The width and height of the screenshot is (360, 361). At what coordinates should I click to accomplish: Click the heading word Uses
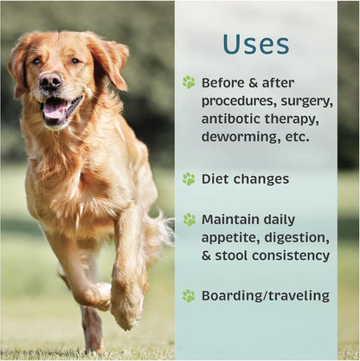(256, 45)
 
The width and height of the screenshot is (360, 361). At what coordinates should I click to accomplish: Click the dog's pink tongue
(55, 109)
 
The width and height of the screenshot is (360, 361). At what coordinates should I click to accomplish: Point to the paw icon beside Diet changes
(189, 179)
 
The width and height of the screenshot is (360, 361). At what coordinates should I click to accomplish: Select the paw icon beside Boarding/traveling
(189, 295)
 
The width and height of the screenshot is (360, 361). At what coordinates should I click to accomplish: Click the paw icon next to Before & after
(189, 82)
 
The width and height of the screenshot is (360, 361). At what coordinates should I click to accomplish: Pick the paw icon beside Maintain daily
(189, 220)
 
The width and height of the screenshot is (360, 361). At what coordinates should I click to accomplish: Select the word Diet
(216, 179)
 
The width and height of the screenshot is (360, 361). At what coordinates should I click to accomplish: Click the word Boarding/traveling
(265, 296)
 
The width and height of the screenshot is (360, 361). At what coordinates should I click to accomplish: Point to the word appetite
(233, 238)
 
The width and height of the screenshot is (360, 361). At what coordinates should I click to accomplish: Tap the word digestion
(299, 238)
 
